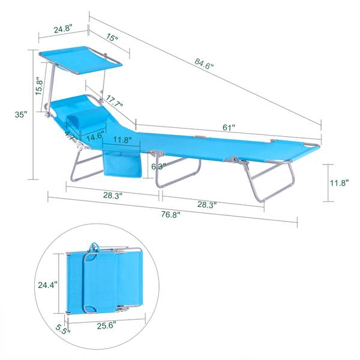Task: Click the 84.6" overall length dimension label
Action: point(204,64)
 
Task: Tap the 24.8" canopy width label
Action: point(63,29)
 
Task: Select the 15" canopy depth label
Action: point(112,37)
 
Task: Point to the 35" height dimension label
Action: point(21,115)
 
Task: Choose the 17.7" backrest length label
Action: point(114,101)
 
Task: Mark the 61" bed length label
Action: point(229,127)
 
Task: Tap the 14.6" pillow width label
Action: point(95,136)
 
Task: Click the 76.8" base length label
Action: point(170,215)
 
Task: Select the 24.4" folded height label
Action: point(47,285)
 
